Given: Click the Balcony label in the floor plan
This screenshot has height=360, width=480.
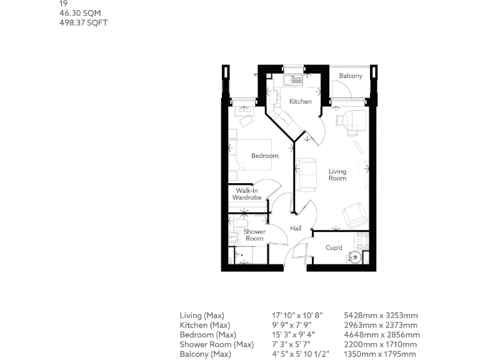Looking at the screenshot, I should click(350, 76).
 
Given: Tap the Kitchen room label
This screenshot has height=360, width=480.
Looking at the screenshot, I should click(300, 101).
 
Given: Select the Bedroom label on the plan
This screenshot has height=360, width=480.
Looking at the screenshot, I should click(265, 156).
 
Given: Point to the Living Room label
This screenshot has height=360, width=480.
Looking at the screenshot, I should click(337, 175).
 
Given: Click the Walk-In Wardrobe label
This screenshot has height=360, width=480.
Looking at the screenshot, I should click(247, 194).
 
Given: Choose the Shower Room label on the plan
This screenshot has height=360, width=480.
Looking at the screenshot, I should click(254, 235).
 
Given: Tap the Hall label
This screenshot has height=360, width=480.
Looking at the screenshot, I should click(296, 228).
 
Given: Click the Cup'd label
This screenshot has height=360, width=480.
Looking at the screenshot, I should click(334, 247).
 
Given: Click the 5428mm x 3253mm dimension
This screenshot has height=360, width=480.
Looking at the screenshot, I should click(381, 316).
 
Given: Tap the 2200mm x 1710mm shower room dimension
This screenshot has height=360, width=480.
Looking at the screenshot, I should click(381, 344).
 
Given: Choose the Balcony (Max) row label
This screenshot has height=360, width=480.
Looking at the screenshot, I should click(206, 354).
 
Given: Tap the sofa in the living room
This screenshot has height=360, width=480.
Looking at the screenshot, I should click(306, 174).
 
